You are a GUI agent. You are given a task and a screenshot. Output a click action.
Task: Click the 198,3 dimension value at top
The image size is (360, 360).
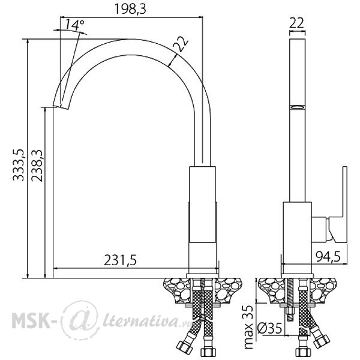click(x=130, y=10)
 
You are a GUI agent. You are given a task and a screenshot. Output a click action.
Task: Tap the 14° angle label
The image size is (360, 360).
click(x=75, y=25)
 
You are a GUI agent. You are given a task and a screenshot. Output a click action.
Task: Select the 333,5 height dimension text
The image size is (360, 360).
click(x=19, y=165)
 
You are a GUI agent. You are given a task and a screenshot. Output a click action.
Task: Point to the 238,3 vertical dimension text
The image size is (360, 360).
click(x=37, y=166)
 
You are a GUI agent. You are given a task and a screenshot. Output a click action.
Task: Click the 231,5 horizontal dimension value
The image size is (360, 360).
click(x=121, y=260)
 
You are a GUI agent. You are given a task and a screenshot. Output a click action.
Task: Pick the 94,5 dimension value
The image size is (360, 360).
click(x=328, y=256)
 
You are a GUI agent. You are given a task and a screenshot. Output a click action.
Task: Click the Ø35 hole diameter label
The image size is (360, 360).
click(x=269, y=328)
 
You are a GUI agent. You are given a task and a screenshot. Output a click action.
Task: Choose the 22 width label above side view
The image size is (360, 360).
click(x=296, y=23)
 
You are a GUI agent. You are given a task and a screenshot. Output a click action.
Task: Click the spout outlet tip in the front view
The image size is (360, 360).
click(x=61, y=107)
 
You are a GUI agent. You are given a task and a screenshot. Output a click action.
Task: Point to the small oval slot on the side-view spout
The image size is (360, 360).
click(x=298, y=107)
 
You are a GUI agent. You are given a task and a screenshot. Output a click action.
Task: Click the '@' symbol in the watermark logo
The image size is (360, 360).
click(x=80, y=320)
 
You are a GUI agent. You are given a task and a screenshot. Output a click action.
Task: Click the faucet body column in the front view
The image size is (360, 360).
click(x=203, y=220)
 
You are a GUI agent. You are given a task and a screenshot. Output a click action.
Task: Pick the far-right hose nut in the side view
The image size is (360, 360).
click(x=322, y=341)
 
